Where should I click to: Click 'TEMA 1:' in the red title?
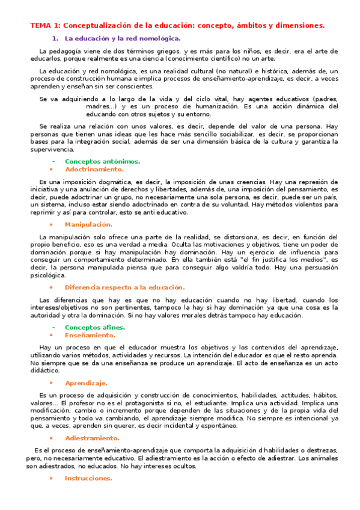click(x=45, y=25)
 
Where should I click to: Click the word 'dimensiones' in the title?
click(x=298, y=25)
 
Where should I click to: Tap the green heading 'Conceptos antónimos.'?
click(x=102, y=161)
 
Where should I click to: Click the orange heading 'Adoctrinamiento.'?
click(x=94, y=170)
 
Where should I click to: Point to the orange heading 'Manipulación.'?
click(x=88, y=224)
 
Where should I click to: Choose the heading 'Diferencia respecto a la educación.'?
click(x=124, y=287)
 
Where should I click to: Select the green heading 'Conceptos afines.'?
click(x=95, y=327)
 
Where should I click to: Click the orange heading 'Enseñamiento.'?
click(x=90, y=335)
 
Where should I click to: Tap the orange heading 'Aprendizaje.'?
click(x=86, y=382)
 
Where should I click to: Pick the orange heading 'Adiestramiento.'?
click(x=92, y=438)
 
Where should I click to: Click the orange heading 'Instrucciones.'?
click(x=88, y=478)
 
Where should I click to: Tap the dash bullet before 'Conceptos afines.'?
click(x=53, y=327)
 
